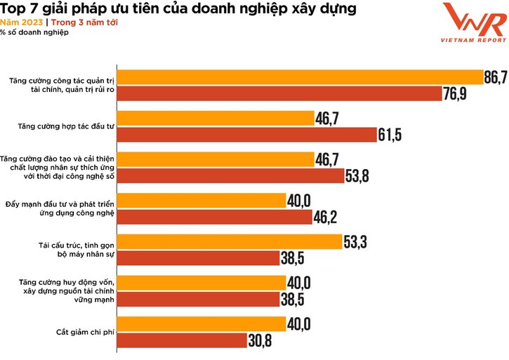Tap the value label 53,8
point(357,176)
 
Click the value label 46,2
point(324,218)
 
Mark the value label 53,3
point(355,243)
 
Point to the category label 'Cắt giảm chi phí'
point(84,333)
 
